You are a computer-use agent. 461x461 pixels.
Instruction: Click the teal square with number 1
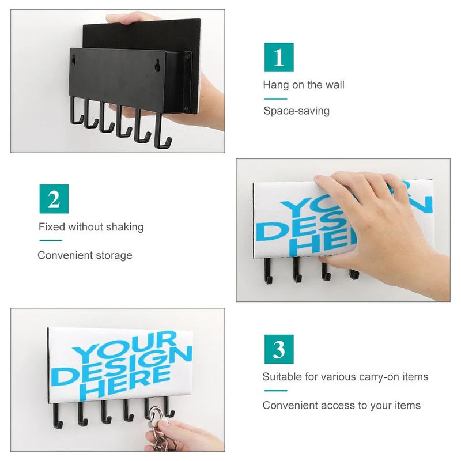coord(279,57)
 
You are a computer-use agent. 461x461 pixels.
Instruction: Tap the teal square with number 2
coord(54,199)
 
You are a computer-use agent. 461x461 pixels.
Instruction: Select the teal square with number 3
coord(279,349)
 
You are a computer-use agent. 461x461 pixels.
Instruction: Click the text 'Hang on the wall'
coord(304,85)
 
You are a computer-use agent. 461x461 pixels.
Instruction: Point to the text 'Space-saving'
coord(296,111)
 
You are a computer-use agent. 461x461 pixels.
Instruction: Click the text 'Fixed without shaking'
coord(91,227)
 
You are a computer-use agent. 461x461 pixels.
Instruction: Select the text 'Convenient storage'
coord(85,255)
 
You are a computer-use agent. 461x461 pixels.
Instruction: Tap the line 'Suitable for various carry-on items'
coord(345,377)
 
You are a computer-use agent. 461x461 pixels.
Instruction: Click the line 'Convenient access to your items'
coord(342,406)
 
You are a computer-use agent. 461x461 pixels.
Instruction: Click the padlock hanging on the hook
coord(155,417)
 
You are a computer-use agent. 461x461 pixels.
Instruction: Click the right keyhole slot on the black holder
coord(158,64)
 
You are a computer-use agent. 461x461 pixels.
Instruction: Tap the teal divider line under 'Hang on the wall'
coord(276,99)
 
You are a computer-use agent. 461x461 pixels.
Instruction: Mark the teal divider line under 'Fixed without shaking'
coord(51,240)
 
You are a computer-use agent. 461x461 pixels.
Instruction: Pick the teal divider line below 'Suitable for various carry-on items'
coord(276,391)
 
